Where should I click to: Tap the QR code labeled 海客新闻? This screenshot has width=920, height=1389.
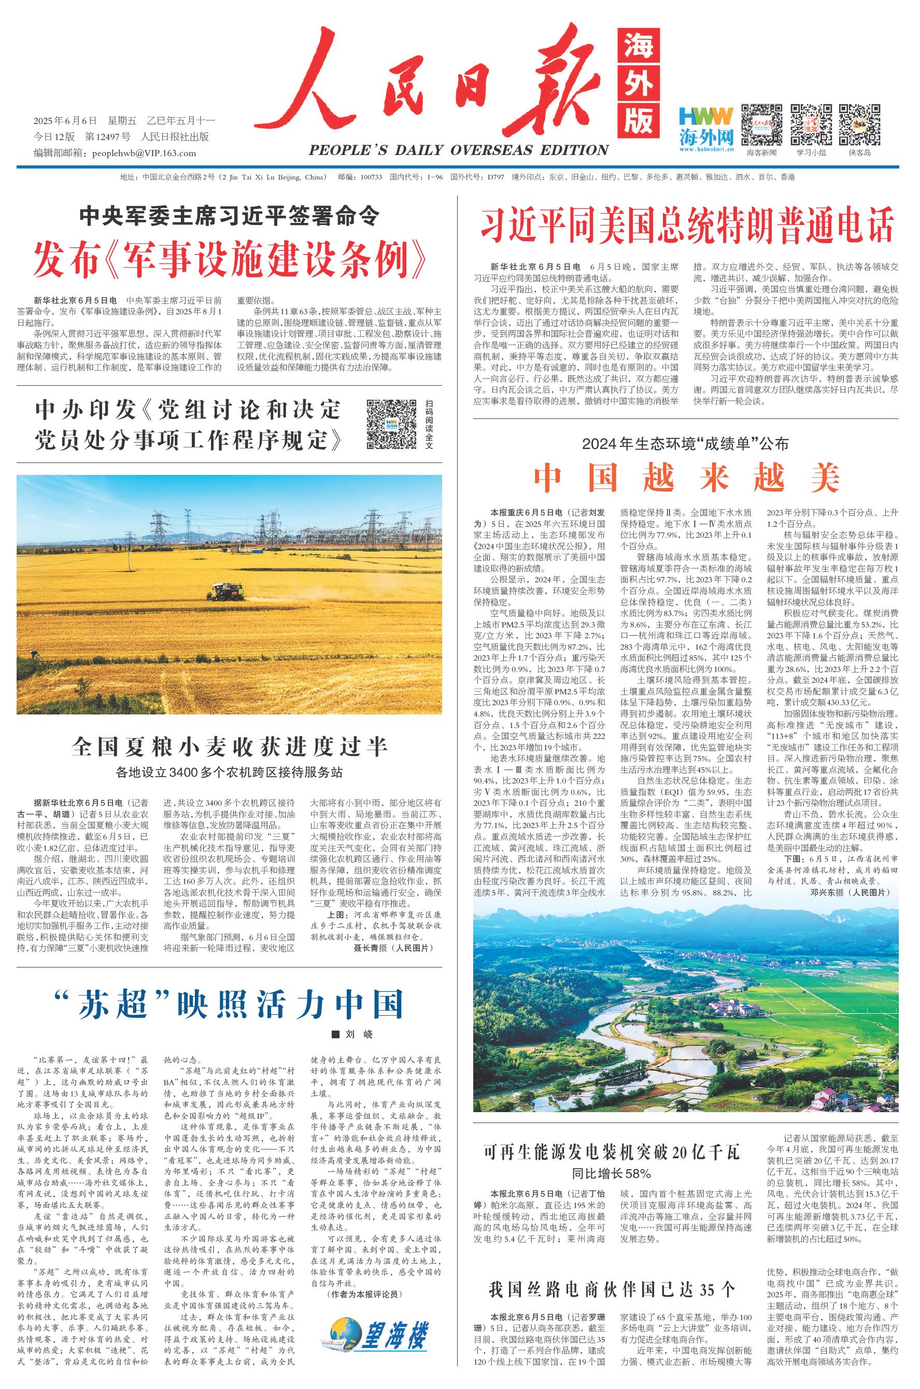tap(761, 124)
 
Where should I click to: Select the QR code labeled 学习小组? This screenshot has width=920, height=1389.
tap(811, 124)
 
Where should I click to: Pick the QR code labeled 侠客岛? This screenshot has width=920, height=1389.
tap(859, 124)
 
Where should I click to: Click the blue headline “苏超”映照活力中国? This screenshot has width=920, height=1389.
tap(229, 1005)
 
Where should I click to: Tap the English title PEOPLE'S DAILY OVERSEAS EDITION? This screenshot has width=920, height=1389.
tap(458, 150)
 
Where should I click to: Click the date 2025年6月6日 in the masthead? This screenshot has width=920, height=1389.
tap(66, 121)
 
